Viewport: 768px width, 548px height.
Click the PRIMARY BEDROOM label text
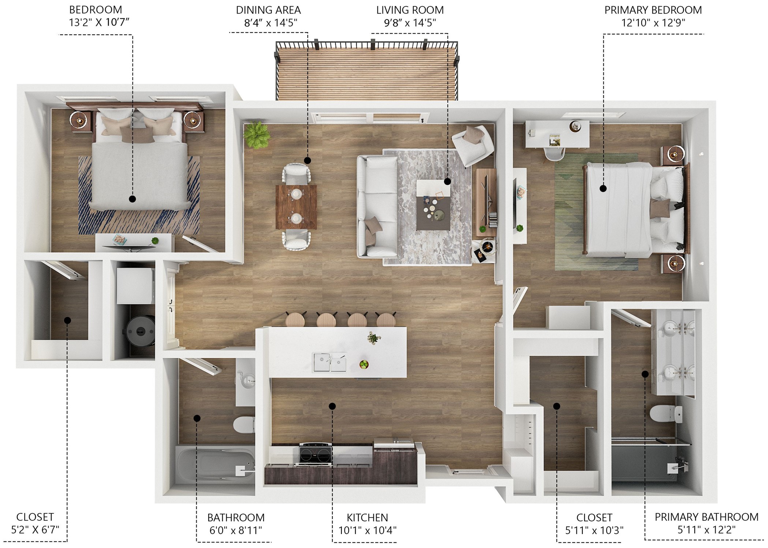tap(653, 10)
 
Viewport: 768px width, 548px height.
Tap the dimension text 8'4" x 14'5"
tap(271, 23)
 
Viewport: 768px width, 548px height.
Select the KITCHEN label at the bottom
tap(367, 518)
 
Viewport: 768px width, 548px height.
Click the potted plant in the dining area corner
tap(257, 135)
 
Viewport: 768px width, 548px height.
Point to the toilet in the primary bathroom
tap(665, 414)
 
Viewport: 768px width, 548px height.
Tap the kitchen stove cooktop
tap(316, 455)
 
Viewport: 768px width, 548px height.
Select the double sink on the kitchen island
tap(329, 362)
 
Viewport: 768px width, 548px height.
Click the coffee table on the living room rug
tap(434, 205)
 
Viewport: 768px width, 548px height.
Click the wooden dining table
tap(296, 207)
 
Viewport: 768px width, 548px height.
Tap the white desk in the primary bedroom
tap(557, 134)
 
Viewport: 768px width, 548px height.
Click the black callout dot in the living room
tap(447, 181)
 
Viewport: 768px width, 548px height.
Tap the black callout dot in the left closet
tap(67, 320)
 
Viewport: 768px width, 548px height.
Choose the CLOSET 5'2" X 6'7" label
tap(35, 523)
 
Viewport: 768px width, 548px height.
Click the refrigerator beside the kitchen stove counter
tap(395, 445)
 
